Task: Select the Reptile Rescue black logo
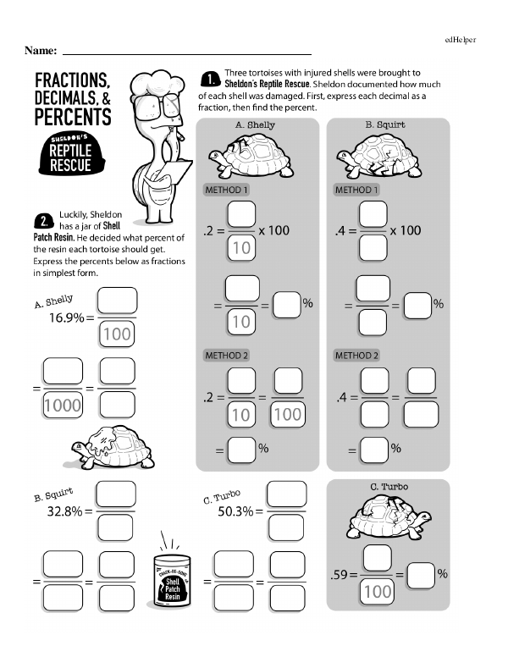(x=69, y=154)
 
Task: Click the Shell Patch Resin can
(x=174, y=584)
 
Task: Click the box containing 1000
(x=63, y=405)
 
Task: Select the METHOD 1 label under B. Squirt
(x=356, y=190)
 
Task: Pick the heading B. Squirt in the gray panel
(x=385, y=124)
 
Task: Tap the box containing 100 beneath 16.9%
(x=116, y=334)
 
